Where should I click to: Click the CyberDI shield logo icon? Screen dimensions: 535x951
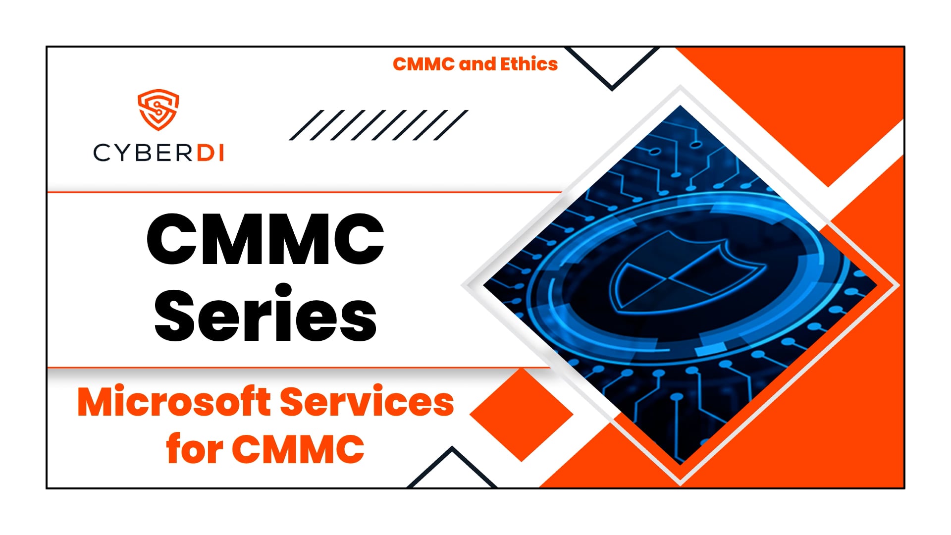click(x=158, y=109)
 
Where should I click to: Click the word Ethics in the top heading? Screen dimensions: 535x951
click(x=529, y=64)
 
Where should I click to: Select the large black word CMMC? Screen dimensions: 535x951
click(x=265, y=240)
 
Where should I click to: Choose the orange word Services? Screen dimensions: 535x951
click(x=367, y=402)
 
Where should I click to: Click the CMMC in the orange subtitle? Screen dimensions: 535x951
click(x=298, y=449)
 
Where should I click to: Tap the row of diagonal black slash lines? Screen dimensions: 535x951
click(x=378, y=125)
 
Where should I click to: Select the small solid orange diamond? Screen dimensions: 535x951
click(x=521, y=414)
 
